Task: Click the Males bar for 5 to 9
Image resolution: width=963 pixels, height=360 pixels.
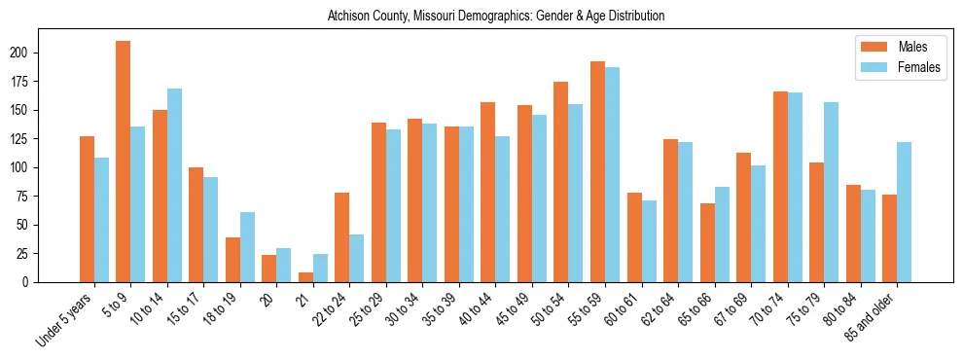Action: click(124, 162)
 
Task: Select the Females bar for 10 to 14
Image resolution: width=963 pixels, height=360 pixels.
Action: click(174, 185)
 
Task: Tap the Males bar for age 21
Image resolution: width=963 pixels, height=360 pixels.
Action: click(305, 277)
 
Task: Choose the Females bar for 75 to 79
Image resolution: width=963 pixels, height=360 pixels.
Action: click(831, 192)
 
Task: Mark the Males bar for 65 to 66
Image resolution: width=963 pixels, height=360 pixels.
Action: click(707, 242)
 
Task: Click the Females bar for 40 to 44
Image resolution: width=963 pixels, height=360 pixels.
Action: click(503, 209)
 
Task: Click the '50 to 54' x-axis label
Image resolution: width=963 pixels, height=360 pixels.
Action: click(547, 309)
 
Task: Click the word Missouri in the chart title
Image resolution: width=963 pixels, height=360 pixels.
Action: click(443, 17)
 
